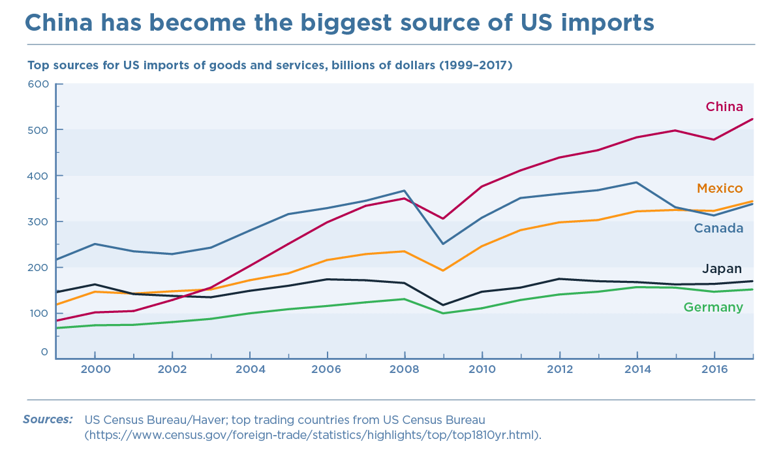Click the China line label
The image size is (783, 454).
tap(724, 107)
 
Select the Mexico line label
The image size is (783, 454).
tap(720, 189)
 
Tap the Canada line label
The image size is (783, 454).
tap(718, 228)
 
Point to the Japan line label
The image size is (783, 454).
tap(722, 268)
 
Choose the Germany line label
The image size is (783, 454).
tap(713, 308)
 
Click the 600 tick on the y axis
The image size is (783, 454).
tap(38, 84)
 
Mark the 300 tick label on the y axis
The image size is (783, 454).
tap(38, 221)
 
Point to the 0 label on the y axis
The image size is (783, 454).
tap(44, 352)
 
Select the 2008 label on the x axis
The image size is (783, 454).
tap(405, 370)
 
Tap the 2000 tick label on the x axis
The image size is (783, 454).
tap(95, 370)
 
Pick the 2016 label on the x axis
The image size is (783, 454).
tap(715, 370)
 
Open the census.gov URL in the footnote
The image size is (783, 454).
tap(313, 434)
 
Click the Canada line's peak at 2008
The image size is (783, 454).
tap(405, 191)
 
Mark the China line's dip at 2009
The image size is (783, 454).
tap(443, 218)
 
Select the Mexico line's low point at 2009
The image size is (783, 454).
tap(443, 270)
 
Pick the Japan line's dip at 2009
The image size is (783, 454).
tap(443, 305)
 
